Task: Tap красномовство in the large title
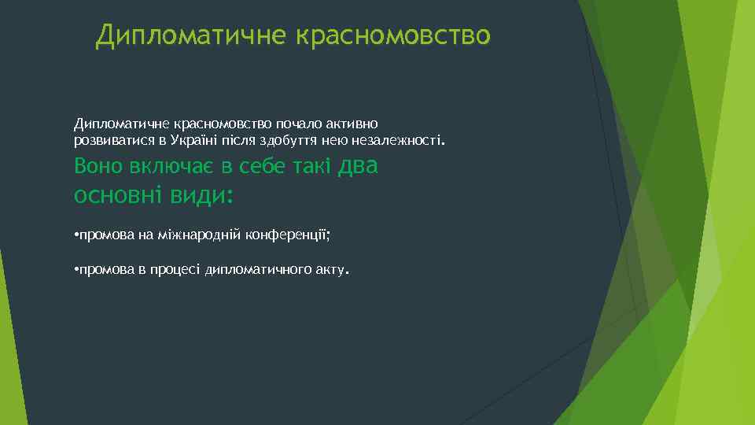393,36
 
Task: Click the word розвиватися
109,141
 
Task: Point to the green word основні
118,194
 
